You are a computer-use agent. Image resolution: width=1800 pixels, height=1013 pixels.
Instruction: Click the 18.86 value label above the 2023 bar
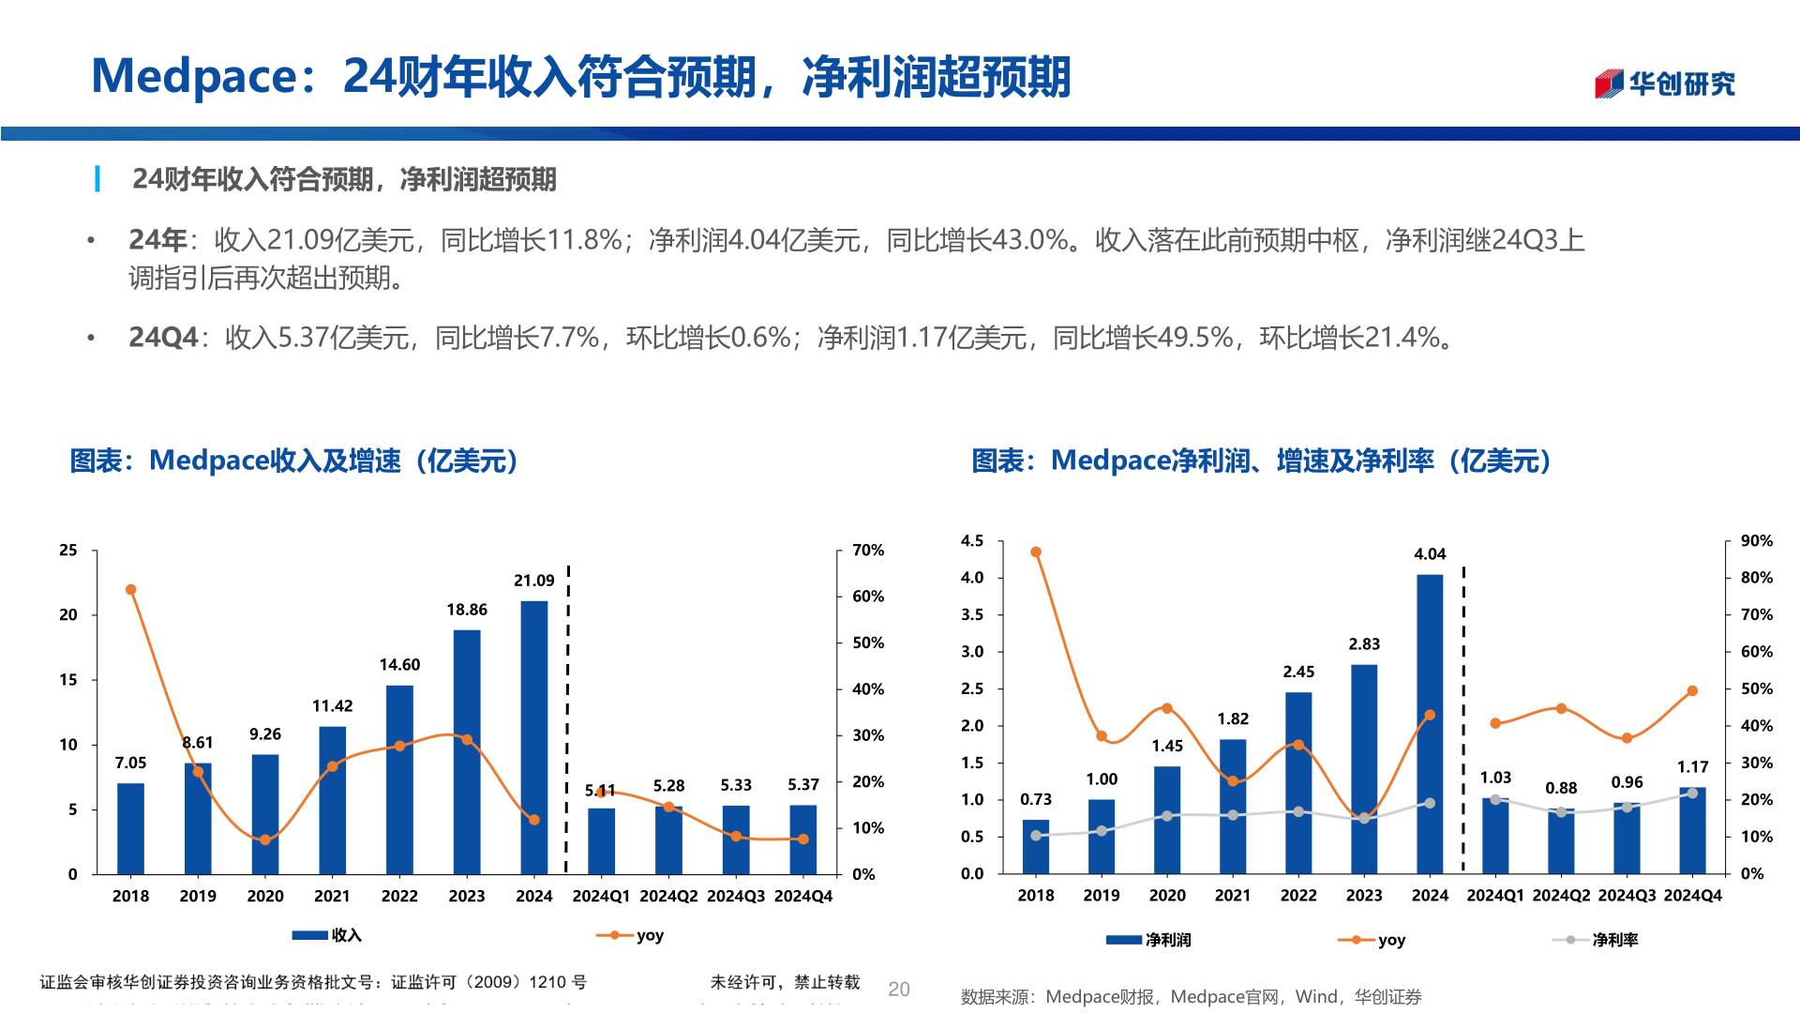coord(467,610)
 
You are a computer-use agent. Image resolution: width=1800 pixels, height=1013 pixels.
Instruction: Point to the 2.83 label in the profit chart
coord(1364,644)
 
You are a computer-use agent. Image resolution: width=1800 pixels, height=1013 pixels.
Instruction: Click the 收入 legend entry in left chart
coord(328,935)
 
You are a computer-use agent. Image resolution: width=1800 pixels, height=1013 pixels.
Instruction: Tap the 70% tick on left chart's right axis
coord(868,551)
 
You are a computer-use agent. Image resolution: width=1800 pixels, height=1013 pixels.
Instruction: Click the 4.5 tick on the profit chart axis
coord(972,541)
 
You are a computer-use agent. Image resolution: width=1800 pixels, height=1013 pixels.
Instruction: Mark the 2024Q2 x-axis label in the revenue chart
coord(668,897)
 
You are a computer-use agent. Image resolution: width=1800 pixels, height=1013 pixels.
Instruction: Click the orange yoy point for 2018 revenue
coord(131,590)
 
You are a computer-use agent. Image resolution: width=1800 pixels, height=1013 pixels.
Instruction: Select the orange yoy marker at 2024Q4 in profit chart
coord(1692,691)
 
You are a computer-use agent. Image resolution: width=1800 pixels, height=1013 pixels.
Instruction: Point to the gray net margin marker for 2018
coord(1036,836)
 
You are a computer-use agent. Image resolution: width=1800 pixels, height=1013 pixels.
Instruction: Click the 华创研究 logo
coord(1665,83)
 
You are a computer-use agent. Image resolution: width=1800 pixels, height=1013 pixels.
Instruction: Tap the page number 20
coord(898,989)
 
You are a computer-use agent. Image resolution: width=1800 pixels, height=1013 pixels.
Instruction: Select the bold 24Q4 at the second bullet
coord(163,338)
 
